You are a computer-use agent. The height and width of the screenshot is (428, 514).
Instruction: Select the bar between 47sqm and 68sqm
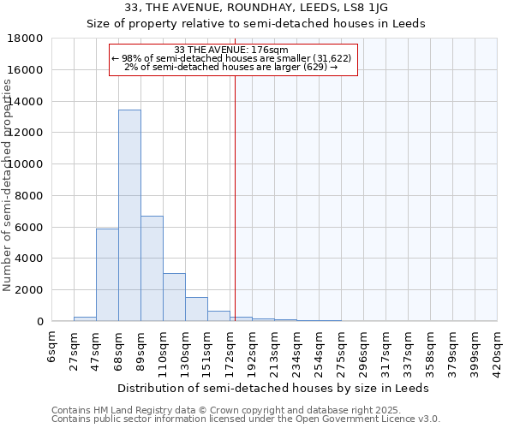107,275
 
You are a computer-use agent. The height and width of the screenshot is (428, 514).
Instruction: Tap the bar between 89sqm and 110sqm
152,268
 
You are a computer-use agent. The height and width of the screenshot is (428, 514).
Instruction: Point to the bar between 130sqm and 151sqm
196,309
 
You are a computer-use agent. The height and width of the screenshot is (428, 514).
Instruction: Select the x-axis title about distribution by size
274,388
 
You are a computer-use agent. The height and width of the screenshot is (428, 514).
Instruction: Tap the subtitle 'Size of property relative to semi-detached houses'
256,23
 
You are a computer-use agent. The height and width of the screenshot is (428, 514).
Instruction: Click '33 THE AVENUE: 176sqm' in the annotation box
231,50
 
